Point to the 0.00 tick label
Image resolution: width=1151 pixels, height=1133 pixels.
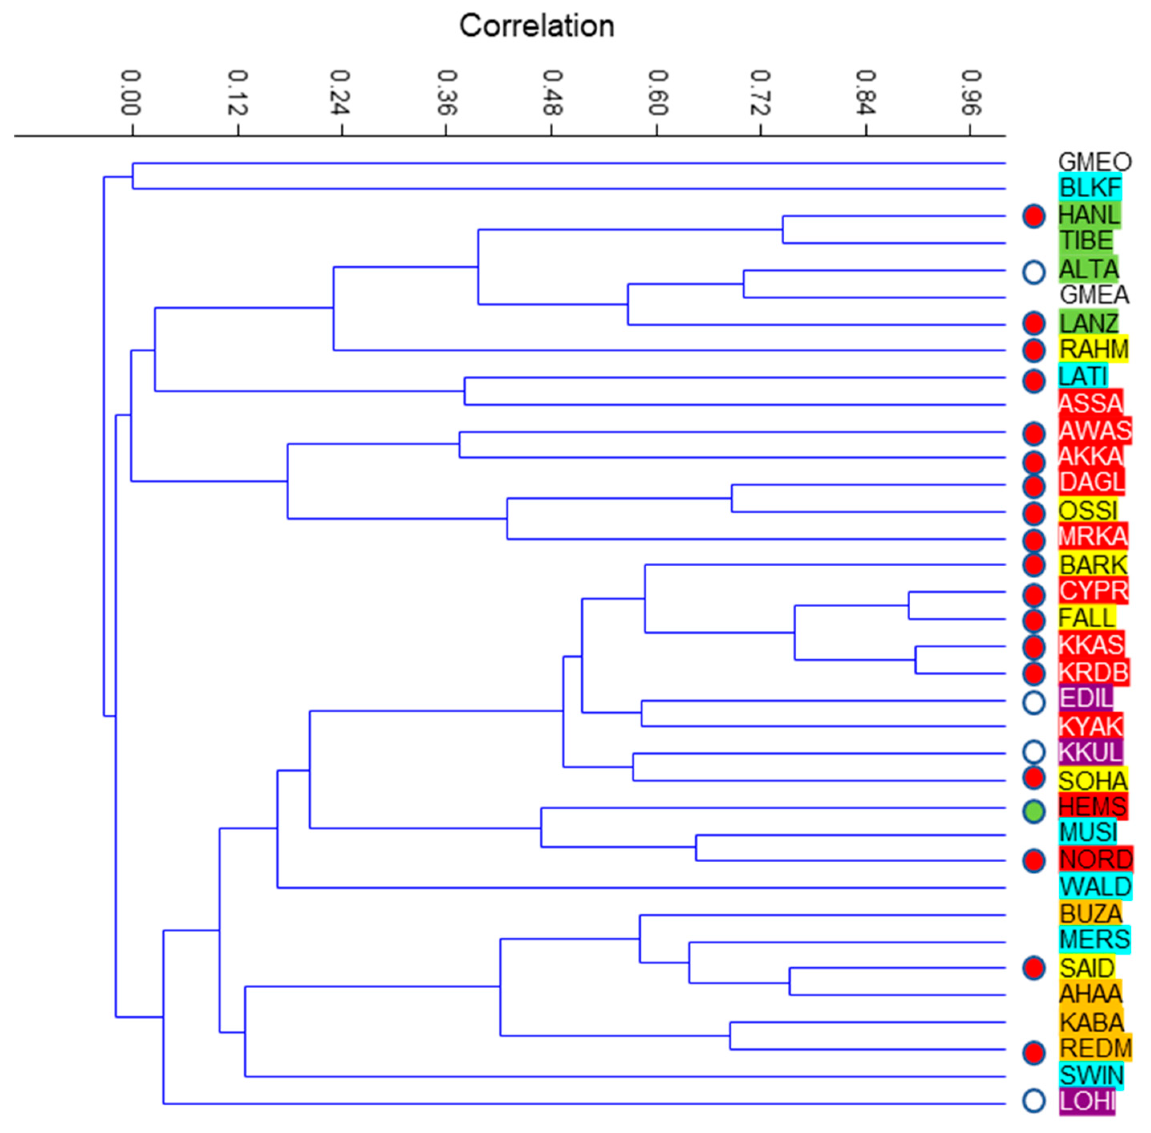pos(131,92)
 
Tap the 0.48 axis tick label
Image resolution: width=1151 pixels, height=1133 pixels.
pos(552,92)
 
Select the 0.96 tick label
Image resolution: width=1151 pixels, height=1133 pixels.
pos(971,92)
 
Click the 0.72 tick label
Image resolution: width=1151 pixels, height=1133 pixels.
pos(761,92)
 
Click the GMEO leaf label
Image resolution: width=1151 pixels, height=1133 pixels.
pos(1094,162)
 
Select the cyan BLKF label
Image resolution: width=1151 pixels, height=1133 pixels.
pos(1090,188)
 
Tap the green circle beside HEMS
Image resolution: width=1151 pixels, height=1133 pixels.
pos(1034,811)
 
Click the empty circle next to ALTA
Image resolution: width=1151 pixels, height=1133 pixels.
pos(1034,272)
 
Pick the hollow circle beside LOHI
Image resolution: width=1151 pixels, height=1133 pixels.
pos(1034,1101)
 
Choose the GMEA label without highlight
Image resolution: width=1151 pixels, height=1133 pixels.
pos(1094,294)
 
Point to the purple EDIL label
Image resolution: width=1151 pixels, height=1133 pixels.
pos(1086,698)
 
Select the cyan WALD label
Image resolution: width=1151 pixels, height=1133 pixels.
pos(1095,887)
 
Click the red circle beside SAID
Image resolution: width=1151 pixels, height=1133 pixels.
pos(1034,968)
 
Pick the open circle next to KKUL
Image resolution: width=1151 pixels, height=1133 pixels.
pos(1034,752)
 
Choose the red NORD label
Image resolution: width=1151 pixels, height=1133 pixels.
pos(1096,859)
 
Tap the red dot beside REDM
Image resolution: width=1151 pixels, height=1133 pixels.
pos(1034,1053)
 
